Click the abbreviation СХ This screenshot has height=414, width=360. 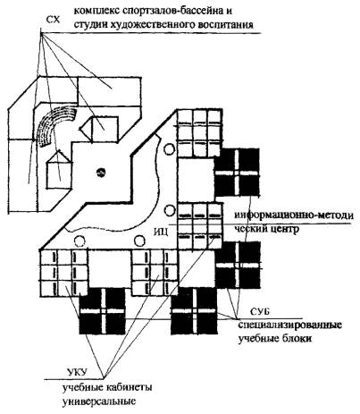(x=54, y=21)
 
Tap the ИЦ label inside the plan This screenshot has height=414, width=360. (x=162, y=232)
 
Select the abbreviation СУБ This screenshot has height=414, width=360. (x=259, y=312)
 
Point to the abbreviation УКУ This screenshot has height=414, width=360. (x=77, y=373)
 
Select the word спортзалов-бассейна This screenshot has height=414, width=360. (x=167, y=12)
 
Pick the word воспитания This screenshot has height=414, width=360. (x=225, y=25)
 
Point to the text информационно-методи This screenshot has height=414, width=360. (x=294, y=215)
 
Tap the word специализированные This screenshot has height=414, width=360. (x=289, y=325)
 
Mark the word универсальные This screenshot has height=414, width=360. (x=99, y=401)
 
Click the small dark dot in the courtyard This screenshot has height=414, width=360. (x=101, y=173)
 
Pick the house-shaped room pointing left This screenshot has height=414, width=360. (x=99, y=129)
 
